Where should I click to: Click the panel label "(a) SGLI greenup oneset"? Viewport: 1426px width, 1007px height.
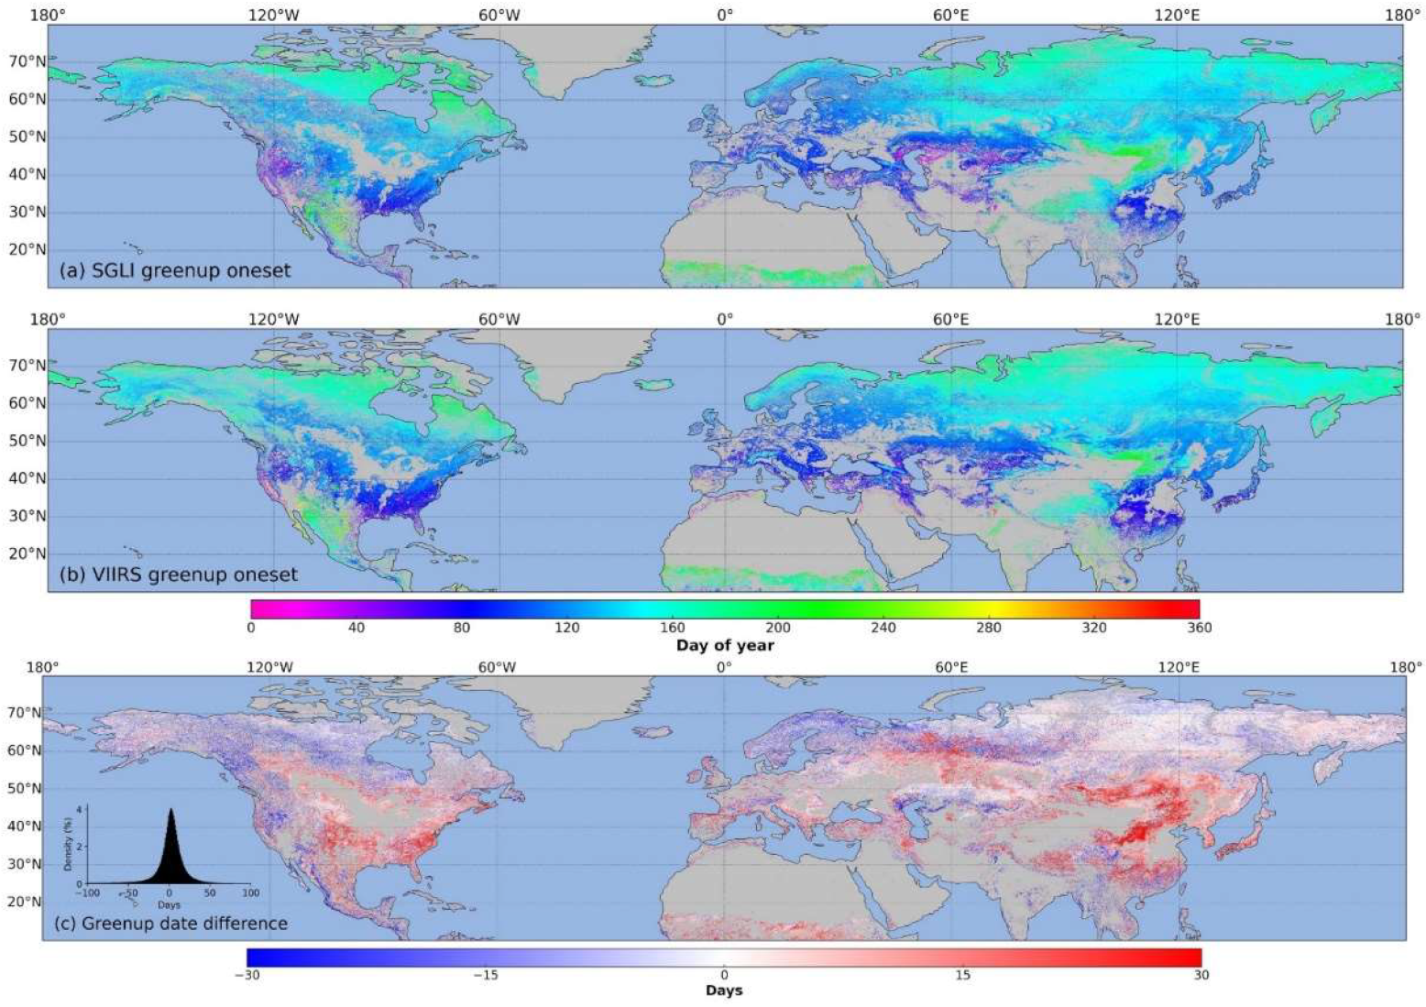point(174,270)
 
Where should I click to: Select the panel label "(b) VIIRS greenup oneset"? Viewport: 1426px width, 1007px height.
point(178,575)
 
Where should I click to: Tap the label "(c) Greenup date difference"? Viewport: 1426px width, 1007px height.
point(173,923)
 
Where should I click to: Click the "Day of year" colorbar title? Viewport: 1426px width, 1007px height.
point(725,645)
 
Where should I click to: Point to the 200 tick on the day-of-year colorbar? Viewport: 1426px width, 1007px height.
point(778,628)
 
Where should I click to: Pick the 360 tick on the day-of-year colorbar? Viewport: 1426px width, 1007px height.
point(1199,628)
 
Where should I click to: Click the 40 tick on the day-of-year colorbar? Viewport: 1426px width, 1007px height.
point(356,628)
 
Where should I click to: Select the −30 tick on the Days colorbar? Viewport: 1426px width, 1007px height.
point(247,975)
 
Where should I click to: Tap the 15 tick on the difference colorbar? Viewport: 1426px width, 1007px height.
point(962,975)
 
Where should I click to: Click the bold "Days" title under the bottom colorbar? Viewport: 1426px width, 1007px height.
point(724,991)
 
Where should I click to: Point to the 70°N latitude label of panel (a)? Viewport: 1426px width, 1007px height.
point(27,61)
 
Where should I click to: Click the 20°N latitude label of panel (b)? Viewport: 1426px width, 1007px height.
point(27,553)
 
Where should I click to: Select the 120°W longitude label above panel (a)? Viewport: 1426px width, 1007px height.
point(272,15)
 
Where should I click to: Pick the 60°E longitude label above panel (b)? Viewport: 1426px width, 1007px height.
point(951,319)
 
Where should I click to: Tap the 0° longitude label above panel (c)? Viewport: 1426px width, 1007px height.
point(724,666)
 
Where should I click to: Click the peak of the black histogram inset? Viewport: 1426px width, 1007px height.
point(170,810)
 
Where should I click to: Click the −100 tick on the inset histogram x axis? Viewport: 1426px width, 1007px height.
point(87,892)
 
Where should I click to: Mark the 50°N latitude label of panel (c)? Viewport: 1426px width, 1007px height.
point(24,788)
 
